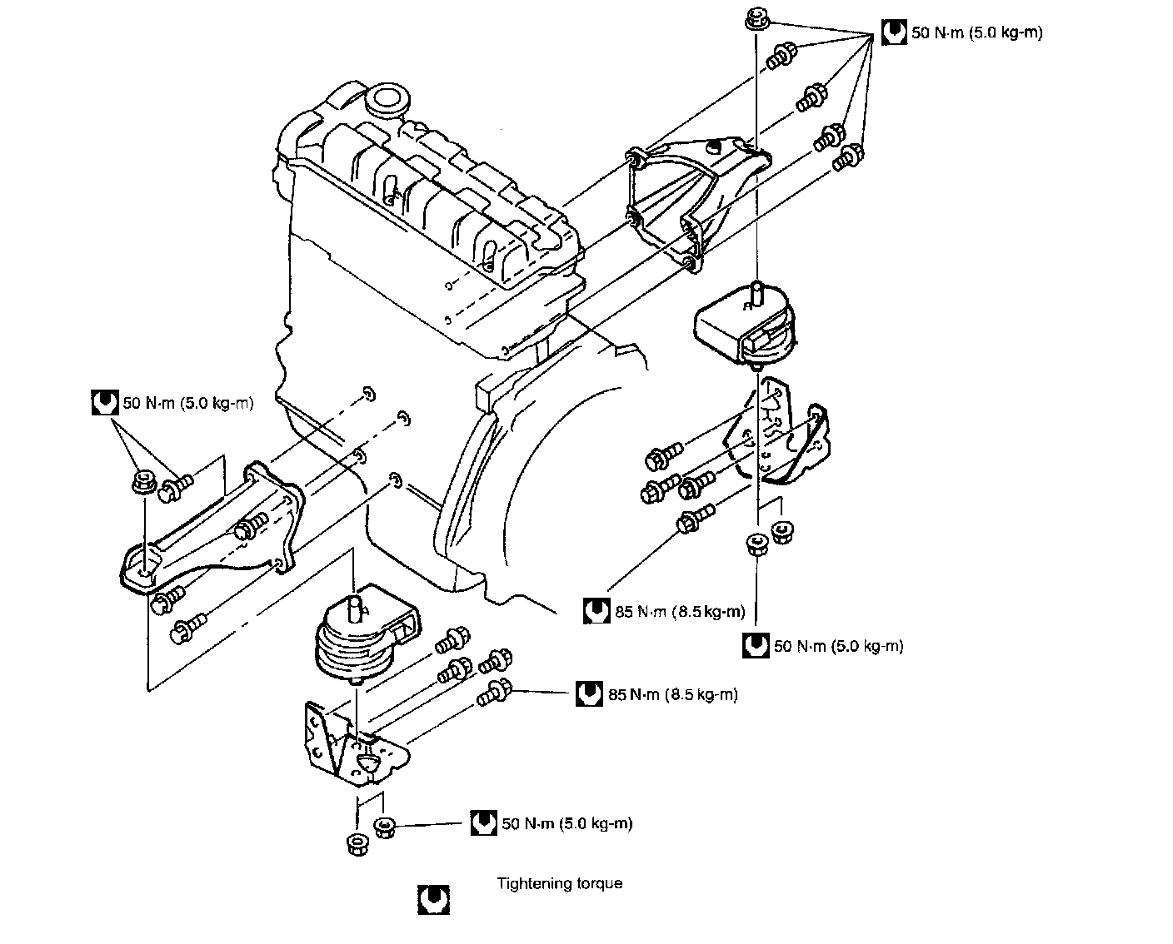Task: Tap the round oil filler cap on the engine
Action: (x=387, y=98)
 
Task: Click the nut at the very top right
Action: (x=756, y=19)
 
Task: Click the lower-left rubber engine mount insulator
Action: (x=367, y=635)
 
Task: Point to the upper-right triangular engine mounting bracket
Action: (x=697, y=202)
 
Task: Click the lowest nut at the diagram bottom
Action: (x=357, y=844)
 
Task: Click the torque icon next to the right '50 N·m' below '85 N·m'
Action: (x=756, y=645)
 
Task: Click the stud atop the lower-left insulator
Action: (x=354, y=605)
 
